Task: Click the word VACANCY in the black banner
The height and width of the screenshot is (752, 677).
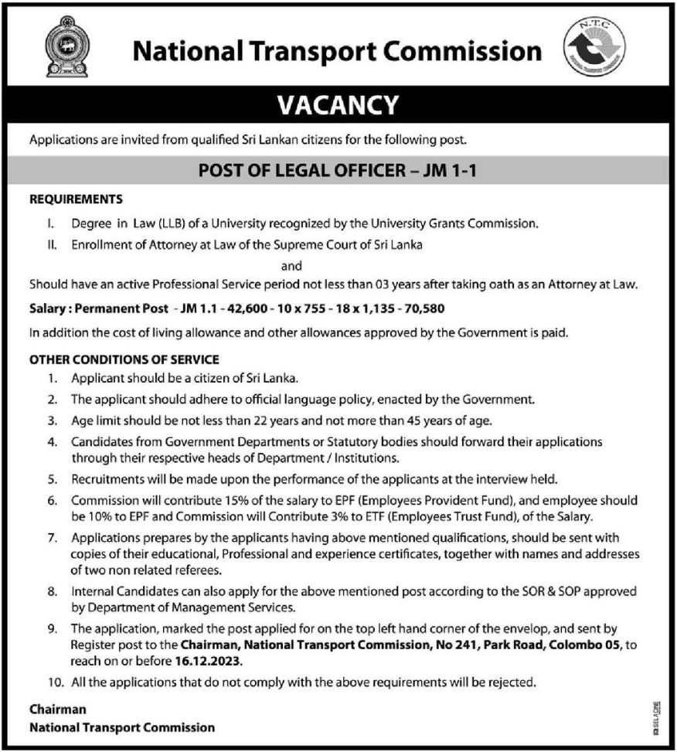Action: click(x=338, y=104)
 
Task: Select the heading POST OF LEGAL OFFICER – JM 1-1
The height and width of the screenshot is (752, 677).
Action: click(x=338, y=169)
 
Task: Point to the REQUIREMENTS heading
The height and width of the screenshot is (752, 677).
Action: click(x=77, y=199)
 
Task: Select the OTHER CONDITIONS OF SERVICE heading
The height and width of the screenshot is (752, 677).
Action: click(x=124, y=359)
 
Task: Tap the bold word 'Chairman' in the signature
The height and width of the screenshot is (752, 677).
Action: click(x=58, y=709)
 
